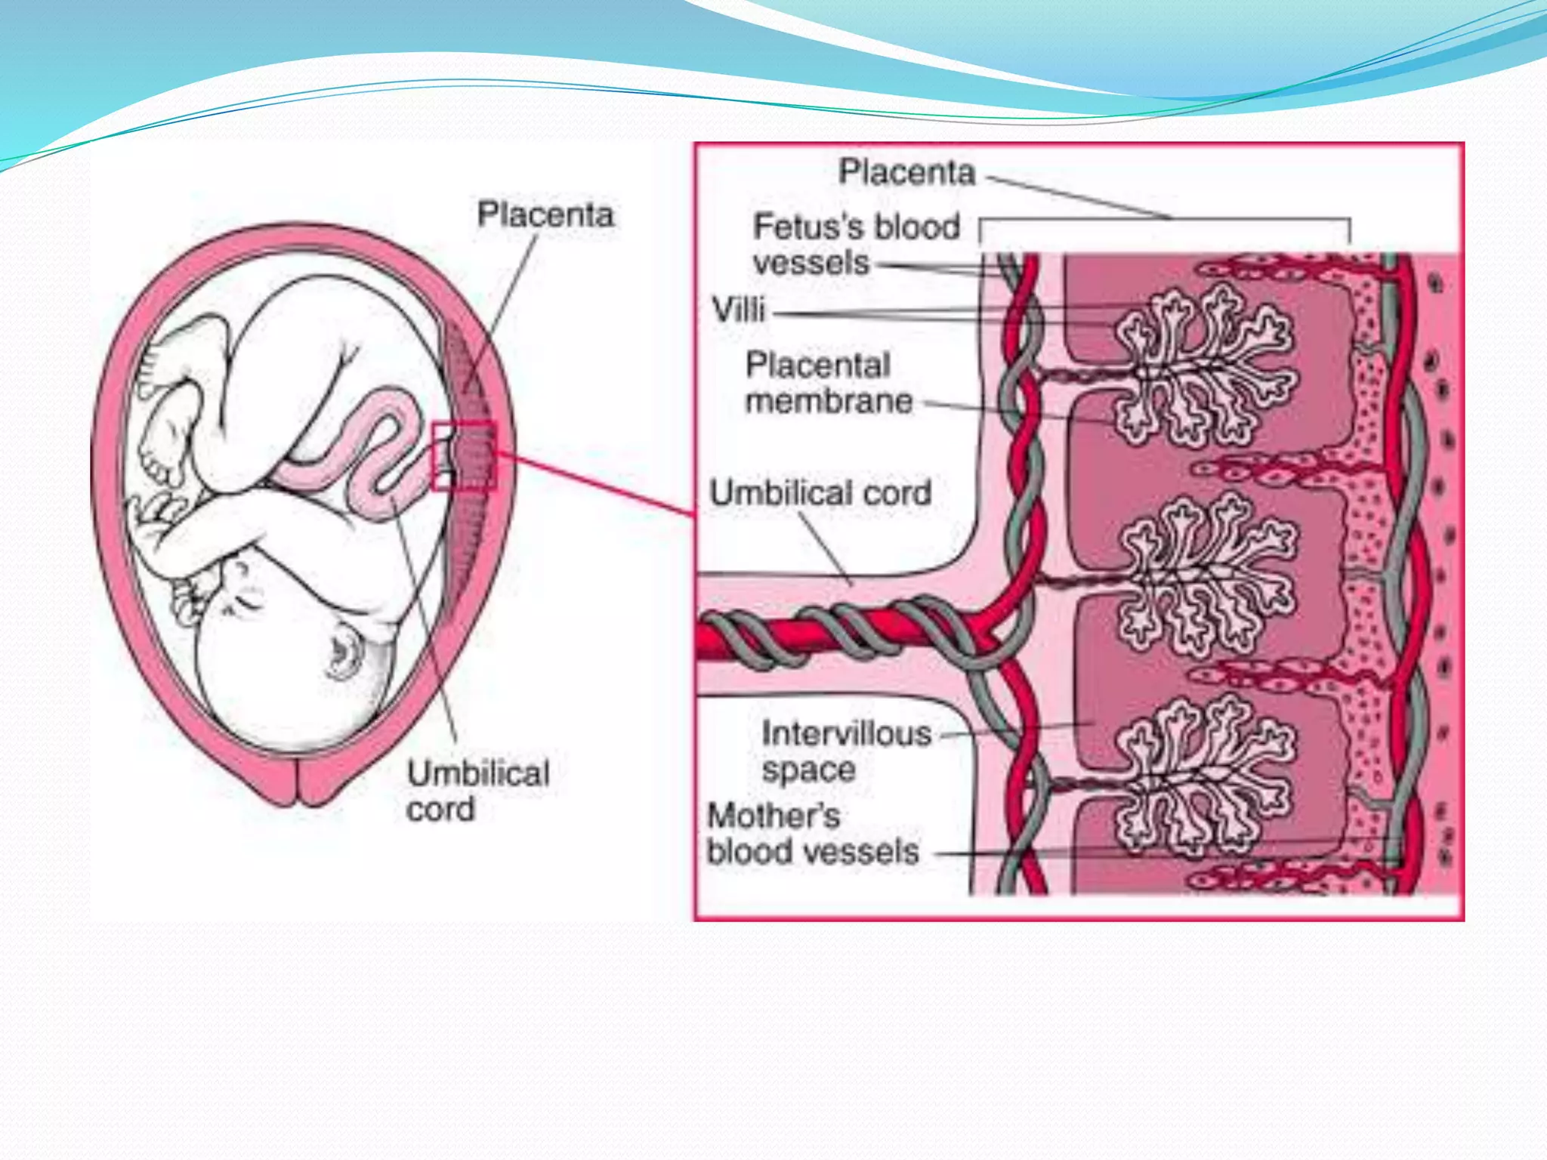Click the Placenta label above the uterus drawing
[x=545, y=215]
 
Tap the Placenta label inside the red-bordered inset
[x=906, y=172]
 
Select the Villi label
[x=739, y=310]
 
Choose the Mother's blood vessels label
[x=812, y=834]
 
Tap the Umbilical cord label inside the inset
[x=820, y=493]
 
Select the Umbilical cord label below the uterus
[x=477, y=791]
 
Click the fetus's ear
[x=344, y=654]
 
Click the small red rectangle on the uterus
[x=464, y=456]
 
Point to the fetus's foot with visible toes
[x=160, y=446]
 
